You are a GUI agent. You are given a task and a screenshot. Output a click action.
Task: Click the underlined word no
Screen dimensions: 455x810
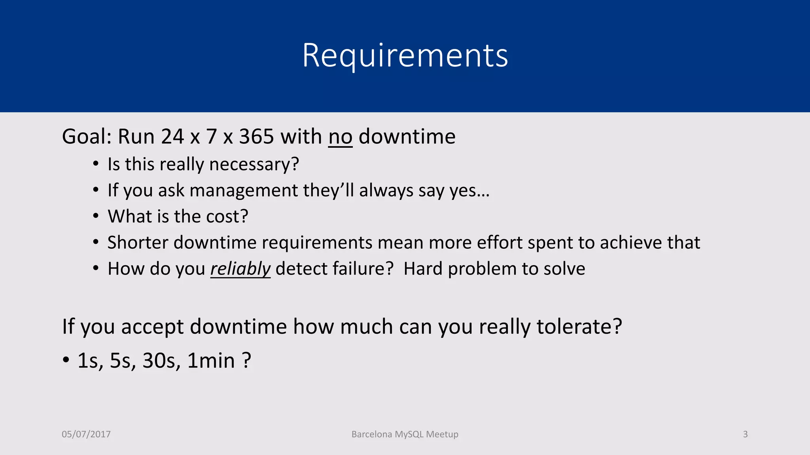click(x=340, y=137)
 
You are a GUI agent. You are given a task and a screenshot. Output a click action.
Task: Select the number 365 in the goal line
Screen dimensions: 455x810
click(x=256, y=137)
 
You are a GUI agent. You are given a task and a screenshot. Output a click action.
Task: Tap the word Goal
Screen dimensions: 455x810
click(x=86, y=137)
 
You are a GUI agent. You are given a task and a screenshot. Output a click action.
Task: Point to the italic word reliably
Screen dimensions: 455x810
click(x=240, y=269)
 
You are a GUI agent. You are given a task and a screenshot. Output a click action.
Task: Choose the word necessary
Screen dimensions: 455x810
click(x=254, y=164)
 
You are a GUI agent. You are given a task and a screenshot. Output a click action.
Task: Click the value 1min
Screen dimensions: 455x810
click(x=211, y=361)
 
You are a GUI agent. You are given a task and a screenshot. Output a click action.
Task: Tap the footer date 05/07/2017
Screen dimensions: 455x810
click(x=86, y=434)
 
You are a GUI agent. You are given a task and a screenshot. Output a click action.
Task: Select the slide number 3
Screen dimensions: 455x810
click(x=745, y=434)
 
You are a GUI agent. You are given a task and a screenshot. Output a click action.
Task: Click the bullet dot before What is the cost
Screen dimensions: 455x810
click(x=96, y=216)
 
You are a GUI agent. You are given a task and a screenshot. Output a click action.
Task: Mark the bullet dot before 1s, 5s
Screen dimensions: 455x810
click(x=66, y=360)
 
